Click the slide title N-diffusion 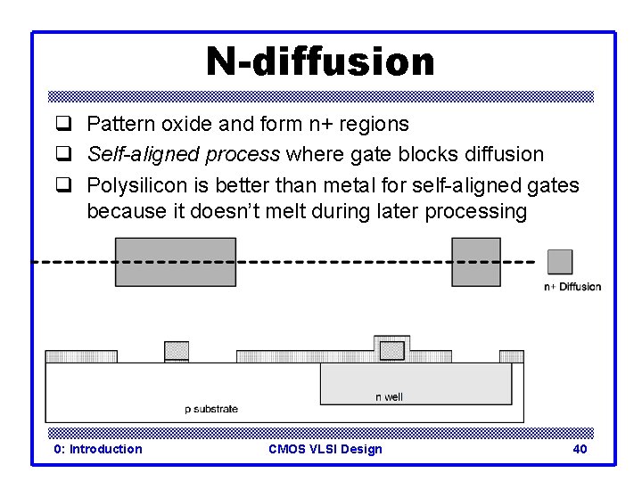(x=320, y=61)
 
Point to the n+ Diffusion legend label (x=572, y=287)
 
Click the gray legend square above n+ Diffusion (x=560, y=262)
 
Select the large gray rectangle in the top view (x=176, y=262)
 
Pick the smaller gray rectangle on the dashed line (x=476, y=262)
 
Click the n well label (x=389, y=397)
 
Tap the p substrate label (x=211, y=409)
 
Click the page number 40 (x=580, y=449)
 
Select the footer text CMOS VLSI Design (x=325, y=449)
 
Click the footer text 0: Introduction (x=98, y=449)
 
